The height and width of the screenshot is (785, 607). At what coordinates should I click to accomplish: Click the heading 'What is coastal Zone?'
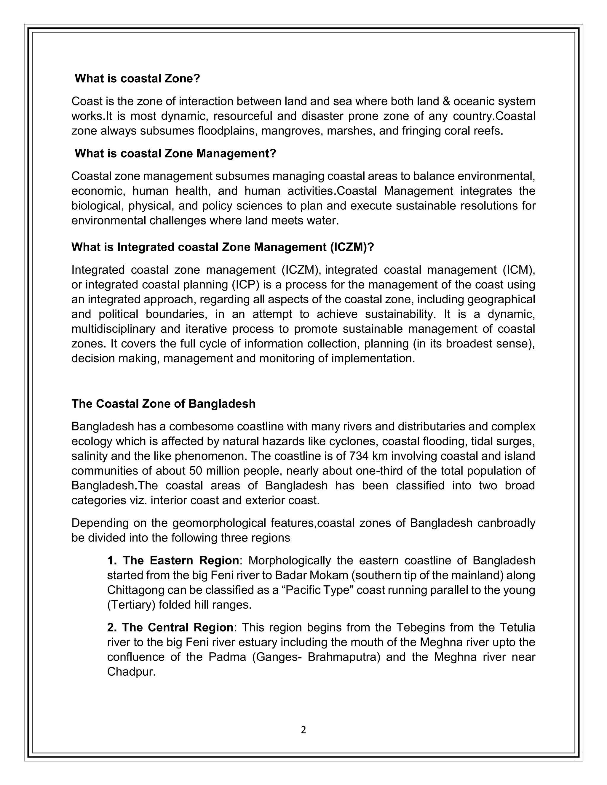137,79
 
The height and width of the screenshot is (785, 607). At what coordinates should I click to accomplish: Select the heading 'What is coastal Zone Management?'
175,154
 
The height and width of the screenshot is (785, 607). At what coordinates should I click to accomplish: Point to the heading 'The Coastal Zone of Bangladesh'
163,404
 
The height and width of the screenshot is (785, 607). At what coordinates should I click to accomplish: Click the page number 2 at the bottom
303,730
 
